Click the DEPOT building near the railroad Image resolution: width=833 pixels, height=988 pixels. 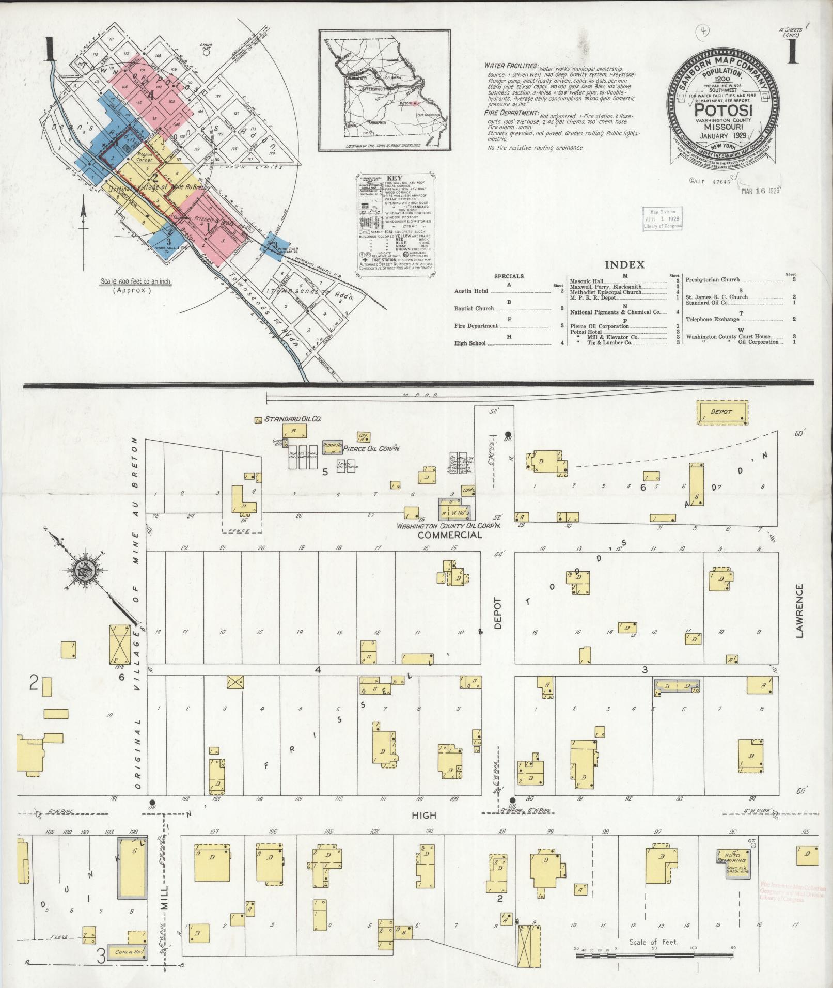pos(722,412)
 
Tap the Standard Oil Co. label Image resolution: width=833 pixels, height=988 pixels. pos(293,419)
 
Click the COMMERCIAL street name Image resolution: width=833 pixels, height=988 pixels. pos(450,535)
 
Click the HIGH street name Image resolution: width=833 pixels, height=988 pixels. pos(425,815)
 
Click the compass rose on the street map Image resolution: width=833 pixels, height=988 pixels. pos(84,571)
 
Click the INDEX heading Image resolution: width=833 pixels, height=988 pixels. pos(624,265)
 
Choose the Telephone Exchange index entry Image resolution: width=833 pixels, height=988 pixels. pos(712,319)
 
